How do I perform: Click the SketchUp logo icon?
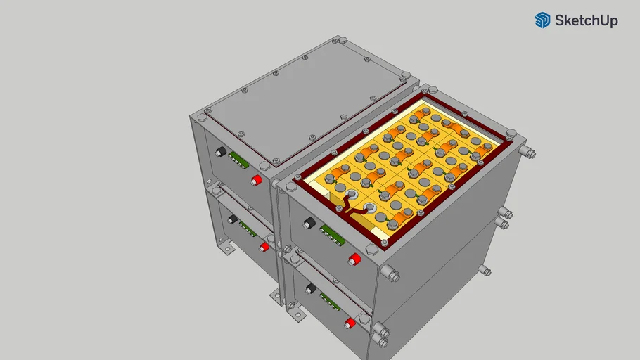coord(542,20)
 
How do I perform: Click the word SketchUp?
coord(586,21)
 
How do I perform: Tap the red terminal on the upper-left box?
coord(257,181)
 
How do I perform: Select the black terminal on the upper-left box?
coord(221,152)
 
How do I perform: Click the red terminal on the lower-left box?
coord(264,247)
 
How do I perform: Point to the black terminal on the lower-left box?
coord(231,219)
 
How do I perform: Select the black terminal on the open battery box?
coord(309,224)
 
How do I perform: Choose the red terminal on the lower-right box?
coord(350,323)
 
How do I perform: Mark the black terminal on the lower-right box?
coord(309,288)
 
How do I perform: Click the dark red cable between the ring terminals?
coord(355,207)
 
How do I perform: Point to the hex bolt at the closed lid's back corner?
coord(405,75)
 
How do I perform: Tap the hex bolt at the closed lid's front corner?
coord(264,166)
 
